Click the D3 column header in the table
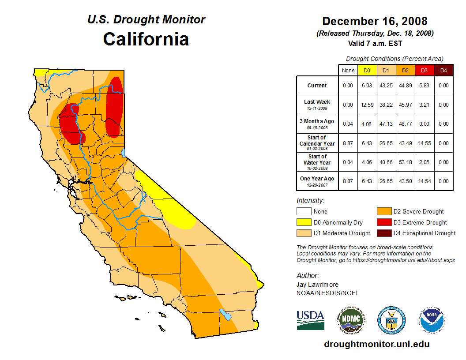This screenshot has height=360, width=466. [424, 70]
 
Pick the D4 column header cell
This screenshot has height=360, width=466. [443, 70]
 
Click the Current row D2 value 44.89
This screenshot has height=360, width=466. [405, 86]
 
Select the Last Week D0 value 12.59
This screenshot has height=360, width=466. [367, 105]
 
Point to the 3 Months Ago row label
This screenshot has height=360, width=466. [317, 124]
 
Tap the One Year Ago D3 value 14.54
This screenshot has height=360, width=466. [424, 181]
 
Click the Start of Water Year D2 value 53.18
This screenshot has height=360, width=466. [405, 162]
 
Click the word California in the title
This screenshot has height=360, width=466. [146, 39]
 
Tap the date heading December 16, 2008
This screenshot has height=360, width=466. [375, 21]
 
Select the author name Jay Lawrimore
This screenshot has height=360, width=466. [318, 285]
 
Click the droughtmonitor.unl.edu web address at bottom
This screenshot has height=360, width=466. [376, 344]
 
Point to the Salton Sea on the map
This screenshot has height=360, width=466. [226, 315]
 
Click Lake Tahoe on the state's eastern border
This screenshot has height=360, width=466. [124, 153]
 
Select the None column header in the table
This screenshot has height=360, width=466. [348, 70]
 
